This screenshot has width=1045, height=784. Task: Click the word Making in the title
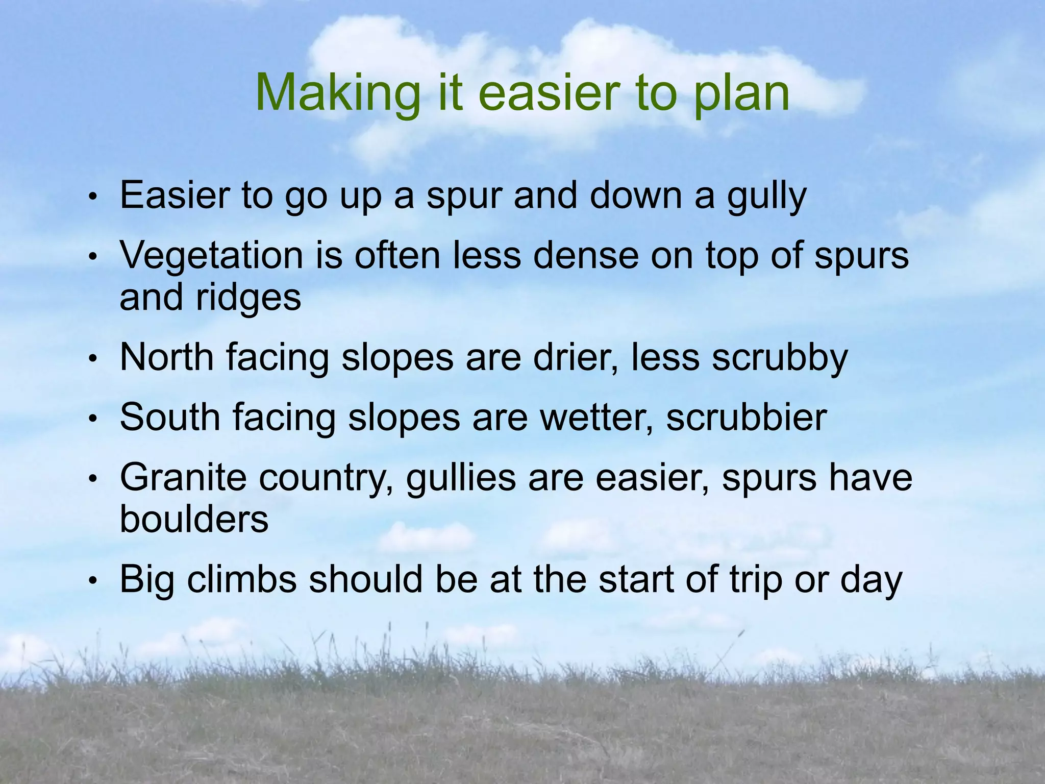[337, 93]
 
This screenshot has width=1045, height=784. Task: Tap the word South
[170, 418]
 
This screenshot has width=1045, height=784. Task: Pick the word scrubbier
[746, 418]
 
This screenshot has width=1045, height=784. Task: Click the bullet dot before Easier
[92, 198]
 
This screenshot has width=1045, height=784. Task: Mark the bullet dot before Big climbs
[92, 581]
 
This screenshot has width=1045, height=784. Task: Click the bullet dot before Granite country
[92, 479]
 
